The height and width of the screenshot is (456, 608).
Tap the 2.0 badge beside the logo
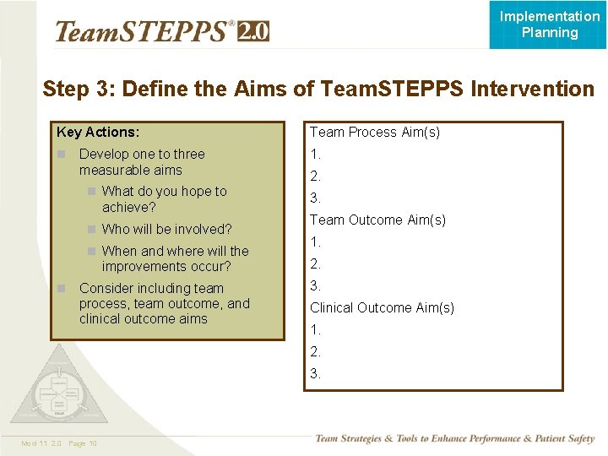tap(253, 31)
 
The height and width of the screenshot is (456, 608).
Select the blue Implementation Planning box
tap(549, 24)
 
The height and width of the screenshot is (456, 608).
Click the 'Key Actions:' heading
tap(98, 132)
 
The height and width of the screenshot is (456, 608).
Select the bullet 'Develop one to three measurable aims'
tap(142, 161)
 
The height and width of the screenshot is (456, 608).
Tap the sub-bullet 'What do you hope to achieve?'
tap(164, 198)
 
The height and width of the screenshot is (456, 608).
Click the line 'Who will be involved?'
tap(166, 229)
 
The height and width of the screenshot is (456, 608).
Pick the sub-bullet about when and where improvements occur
tap(175, 258)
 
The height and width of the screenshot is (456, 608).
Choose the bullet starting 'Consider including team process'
tap(164, 303)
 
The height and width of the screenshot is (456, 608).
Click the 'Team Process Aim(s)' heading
tap(374, 132)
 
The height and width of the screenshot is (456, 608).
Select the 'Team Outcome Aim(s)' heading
tap(377, 220)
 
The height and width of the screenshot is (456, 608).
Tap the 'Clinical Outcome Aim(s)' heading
tap(382, 307)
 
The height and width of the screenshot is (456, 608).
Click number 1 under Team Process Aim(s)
tap(315, 154)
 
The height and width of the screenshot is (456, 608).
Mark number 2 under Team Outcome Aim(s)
tap(315, 263)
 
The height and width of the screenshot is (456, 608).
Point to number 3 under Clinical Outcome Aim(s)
tap(315, 373)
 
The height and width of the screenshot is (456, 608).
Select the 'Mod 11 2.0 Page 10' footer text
tap(60, 443)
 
